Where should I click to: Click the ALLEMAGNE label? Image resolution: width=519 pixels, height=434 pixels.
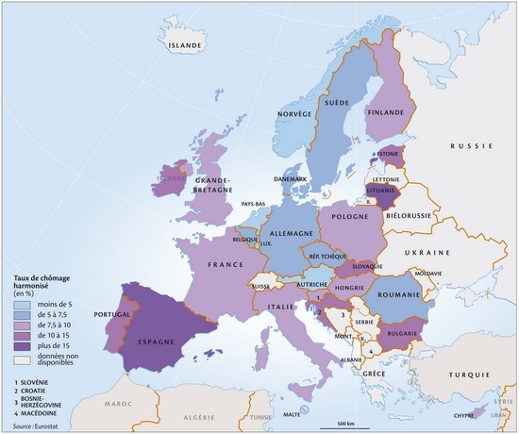tap(293, 233)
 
